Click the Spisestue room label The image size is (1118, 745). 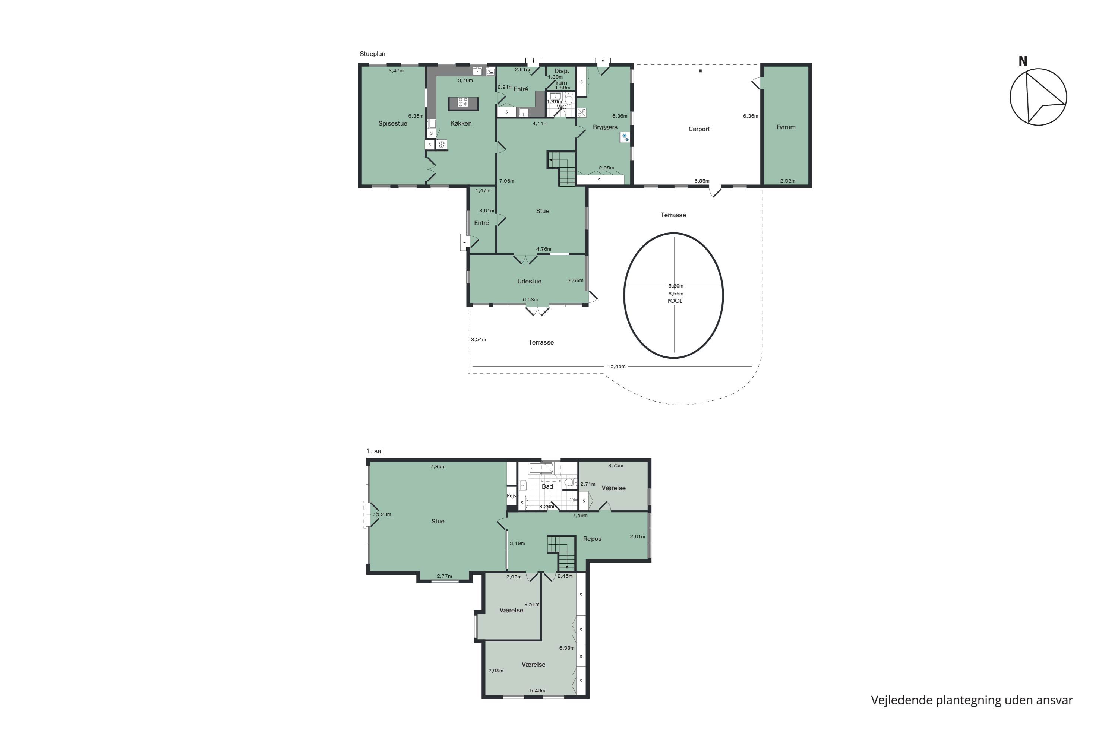393,124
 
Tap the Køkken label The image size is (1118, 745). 461,124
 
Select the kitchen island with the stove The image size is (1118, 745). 463,103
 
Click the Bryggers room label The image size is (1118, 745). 605,127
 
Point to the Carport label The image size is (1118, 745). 699,129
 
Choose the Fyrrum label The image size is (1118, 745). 786,127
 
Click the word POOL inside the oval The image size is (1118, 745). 675,301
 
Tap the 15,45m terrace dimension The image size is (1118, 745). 616,366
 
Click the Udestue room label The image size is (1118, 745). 529,281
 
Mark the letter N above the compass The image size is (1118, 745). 1023,61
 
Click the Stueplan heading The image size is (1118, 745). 372,54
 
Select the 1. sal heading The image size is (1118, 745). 374,451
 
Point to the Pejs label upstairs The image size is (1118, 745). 511,495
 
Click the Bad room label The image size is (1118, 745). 547,486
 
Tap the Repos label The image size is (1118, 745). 592,539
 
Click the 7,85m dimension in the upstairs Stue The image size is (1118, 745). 438,467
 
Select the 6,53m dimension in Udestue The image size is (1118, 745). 530,300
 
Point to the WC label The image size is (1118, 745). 561,107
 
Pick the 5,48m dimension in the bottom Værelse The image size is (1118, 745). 537,691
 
